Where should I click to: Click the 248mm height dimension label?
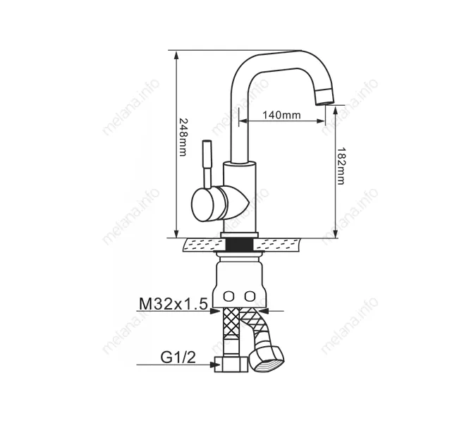tap(182, 137)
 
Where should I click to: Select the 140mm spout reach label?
tap(281, 116)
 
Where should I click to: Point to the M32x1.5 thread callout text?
tap(172, 304)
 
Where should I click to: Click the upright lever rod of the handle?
tap(207, 162)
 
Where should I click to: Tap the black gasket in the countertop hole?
tap(240, 245)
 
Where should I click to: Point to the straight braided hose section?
tap(229, 332)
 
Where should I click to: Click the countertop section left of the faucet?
tap(202, 245)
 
